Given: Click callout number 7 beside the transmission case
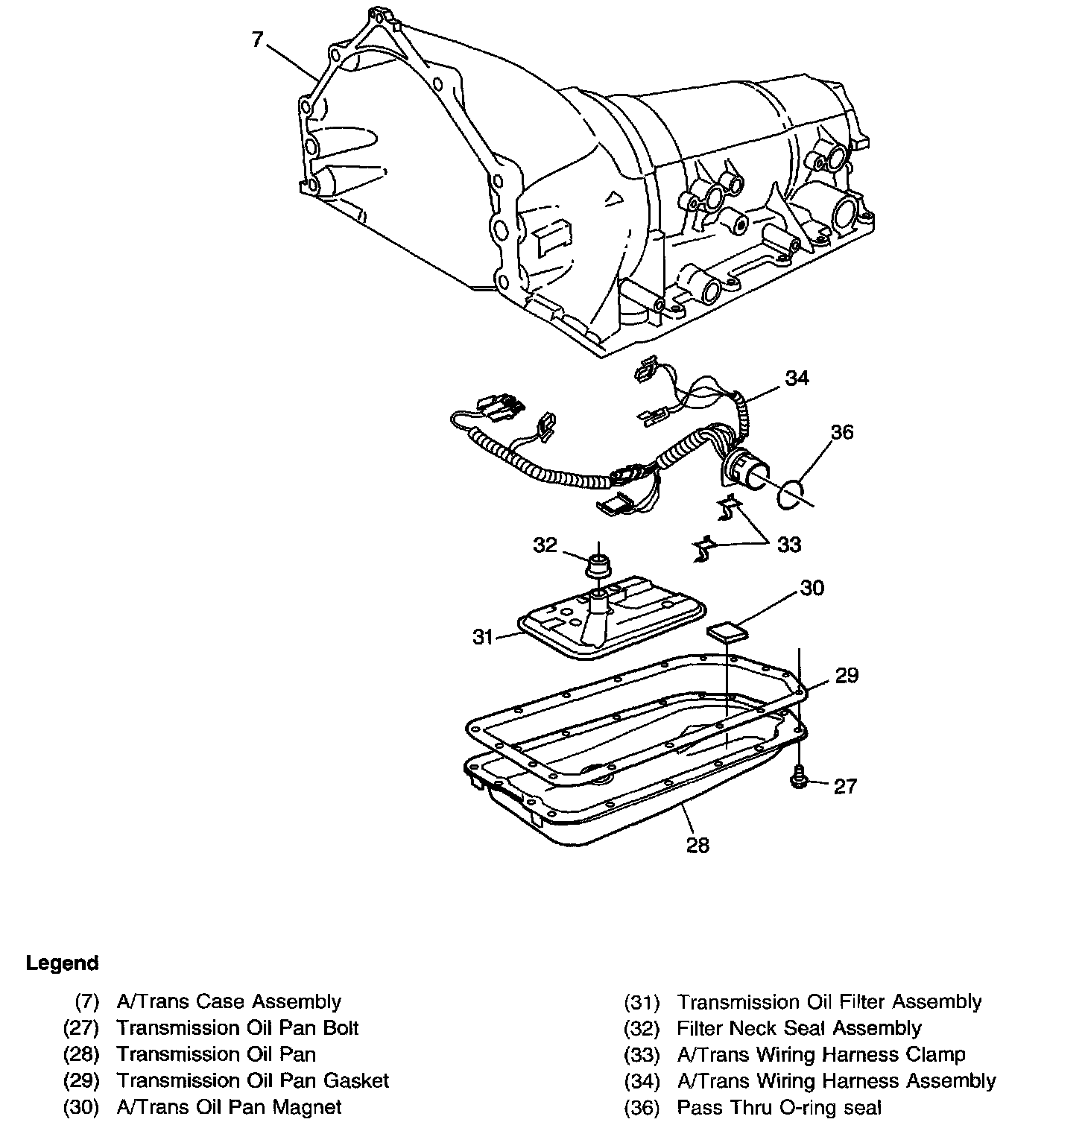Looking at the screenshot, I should click(x=257, y=39).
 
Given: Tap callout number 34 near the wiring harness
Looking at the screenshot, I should click(x=797, y=378).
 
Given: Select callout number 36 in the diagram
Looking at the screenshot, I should click(x=842, y=432).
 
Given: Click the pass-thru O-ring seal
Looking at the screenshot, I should click(x=792, y=495).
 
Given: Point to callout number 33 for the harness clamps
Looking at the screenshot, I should click(x=789, y=545).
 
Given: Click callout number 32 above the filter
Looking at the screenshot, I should click(x=545, y=545).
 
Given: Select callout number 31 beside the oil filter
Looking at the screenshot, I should click(x=484, y=637).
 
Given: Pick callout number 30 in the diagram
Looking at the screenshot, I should click(x=812, y=588).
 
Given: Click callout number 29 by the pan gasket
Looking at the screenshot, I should click(x=847, y=675).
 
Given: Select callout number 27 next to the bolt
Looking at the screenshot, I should click(x=845, y=787).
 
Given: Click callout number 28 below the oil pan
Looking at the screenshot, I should click(x=697, y=845).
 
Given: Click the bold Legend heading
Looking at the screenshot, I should click(x=62, y=963).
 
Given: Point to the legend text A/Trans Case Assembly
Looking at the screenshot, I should click(x=229, y=1002).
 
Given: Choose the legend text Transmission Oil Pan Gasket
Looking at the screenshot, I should click(x=253, y=1080).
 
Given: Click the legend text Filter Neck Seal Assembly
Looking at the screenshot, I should click(x=799, y=1029).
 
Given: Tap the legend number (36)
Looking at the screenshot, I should click(x=642, y=1108).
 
